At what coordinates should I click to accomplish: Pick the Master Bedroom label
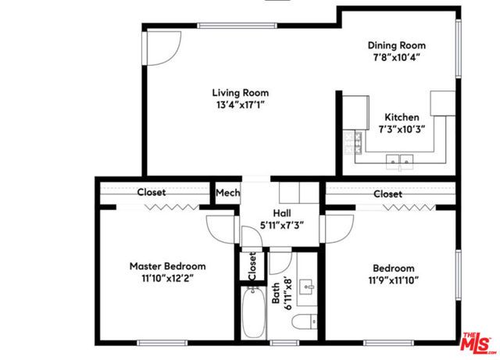click(167, 266)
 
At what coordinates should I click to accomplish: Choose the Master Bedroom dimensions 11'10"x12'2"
click(167, 278)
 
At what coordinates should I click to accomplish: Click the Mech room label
click(227, 193)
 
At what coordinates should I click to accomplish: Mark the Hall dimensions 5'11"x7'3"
click(281, 226)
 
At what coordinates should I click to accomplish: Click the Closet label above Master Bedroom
click(152, 192)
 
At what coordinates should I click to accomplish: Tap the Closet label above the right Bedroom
click(387, 194)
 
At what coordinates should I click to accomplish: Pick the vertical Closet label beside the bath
click(252, 266)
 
